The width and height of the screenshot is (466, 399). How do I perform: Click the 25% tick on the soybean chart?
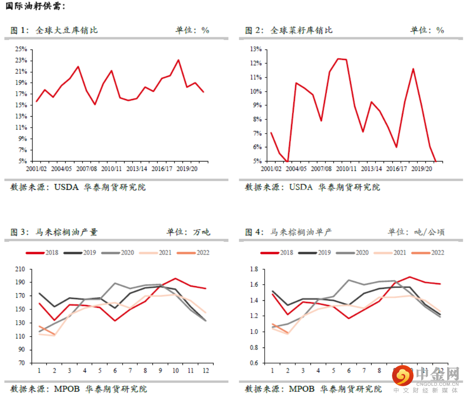click(21, 49)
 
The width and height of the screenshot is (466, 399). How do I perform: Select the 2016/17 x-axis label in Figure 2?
click(396, 168)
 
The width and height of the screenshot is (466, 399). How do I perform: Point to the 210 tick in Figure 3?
click(20, 269)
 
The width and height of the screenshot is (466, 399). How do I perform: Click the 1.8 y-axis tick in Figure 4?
click(254, 269)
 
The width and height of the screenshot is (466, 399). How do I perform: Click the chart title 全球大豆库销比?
click(67, 30)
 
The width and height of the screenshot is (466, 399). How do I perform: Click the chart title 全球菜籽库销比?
click(301, 30)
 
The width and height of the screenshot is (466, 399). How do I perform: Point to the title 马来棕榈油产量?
click(67, 232)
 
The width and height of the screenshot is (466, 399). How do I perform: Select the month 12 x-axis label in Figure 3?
click(205, 371)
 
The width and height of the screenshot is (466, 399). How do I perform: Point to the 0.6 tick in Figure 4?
click(254, 363)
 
